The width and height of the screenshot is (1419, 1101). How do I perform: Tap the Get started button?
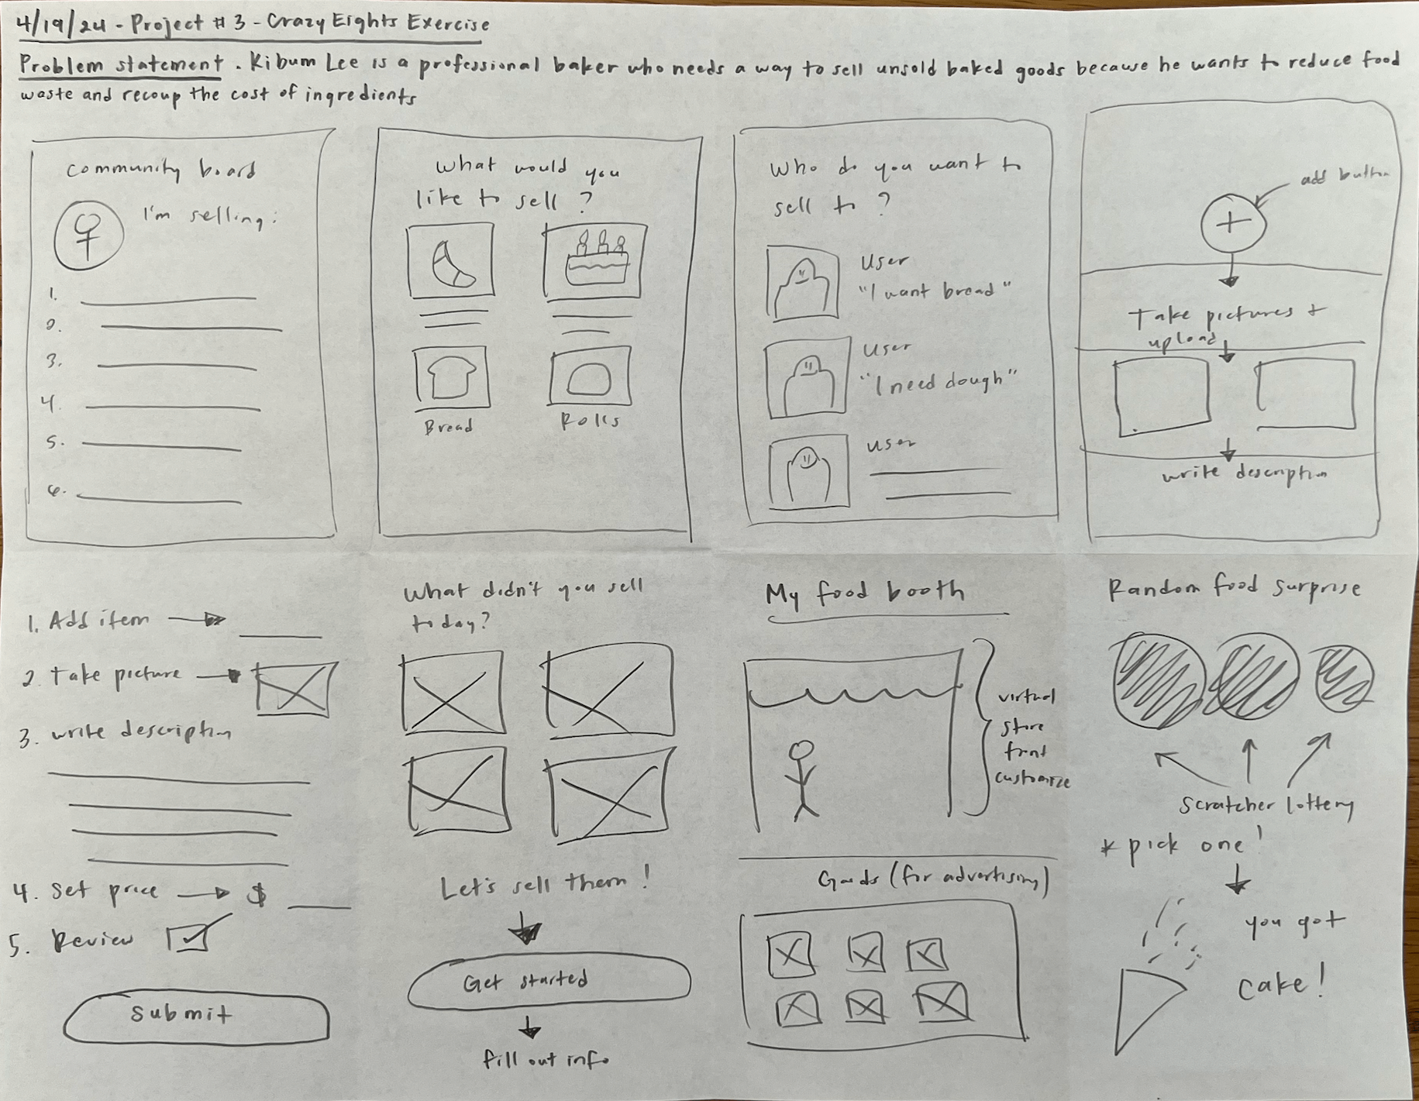[548, 982]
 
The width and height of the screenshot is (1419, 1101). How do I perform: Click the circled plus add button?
[1232, 224]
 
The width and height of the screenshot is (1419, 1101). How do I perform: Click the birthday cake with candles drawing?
[595, 261]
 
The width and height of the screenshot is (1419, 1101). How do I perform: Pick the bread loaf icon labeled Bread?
[451, 379]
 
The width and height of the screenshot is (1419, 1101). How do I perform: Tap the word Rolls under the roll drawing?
[590, 421]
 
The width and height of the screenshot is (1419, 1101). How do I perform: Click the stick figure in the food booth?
[804, 779]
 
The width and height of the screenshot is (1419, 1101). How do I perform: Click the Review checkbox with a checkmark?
[190, 939]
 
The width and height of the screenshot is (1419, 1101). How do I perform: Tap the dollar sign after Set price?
[257, 895]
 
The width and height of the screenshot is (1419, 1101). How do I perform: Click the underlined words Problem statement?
[121, 65]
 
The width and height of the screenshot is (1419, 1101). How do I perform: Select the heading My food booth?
[865, 594]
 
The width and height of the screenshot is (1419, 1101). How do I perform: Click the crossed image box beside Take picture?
[297, 688]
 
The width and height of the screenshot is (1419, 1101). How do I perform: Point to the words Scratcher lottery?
[1265, 806]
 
